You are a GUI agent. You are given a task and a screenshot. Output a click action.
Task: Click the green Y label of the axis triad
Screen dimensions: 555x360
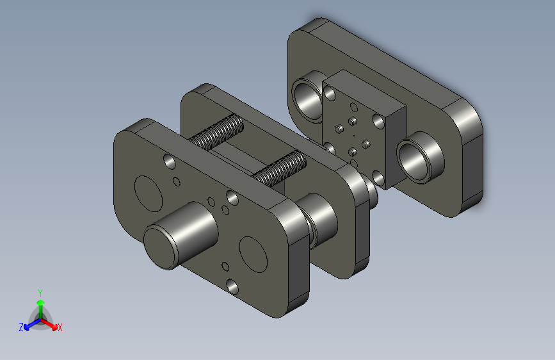click(40, 293)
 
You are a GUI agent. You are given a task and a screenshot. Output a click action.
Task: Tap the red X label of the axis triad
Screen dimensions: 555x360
click(60, 327)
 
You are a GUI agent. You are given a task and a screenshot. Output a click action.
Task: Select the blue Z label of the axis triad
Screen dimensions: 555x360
click(21, 327)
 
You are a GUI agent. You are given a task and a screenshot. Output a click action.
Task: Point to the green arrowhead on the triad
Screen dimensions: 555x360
click(41, 302)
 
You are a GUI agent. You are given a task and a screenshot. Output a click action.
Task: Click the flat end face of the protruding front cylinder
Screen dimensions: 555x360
click(161, 249)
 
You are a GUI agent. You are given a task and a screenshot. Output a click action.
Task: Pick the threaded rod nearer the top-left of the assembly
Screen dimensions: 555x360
click(216, 132)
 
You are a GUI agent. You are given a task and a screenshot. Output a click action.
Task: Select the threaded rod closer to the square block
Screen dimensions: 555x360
click(280, 168)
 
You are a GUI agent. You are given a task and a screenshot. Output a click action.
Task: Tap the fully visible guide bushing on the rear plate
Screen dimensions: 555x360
click(420, 158)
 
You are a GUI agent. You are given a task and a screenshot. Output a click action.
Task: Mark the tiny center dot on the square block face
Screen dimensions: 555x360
click(354, 135)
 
